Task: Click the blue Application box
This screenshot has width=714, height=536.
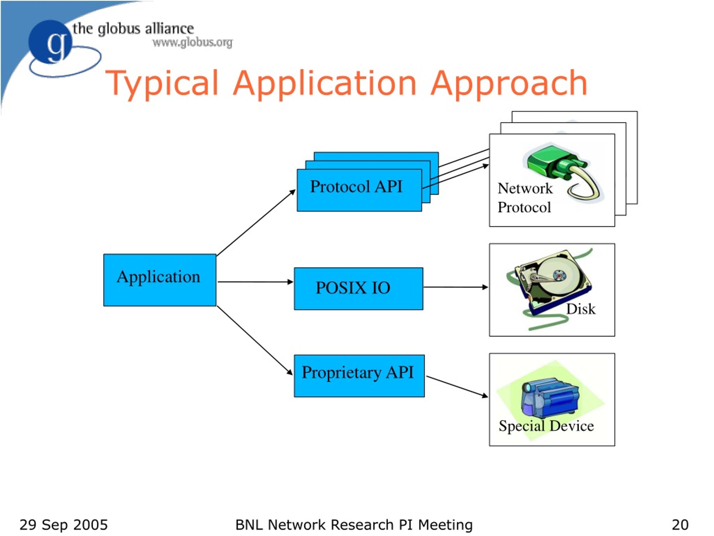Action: tap(160, 280)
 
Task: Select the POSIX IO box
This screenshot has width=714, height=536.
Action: tap(358, 288)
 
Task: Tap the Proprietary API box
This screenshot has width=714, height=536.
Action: tap(359, 376)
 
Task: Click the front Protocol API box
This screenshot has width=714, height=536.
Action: tap(359, 190)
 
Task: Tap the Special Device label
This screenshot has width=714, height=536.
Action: tap(546, 426)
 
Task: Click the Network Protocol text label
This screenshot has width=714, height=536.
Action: tap(525, 198)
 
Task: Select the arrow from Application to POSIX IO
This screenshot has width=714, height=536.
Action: tap(255, 282)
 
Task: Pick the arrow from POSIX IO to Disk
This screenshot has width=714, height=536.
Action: tap(456, 287)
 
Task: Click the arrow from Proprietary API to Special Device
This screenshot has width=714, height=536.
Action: tap(457, 387)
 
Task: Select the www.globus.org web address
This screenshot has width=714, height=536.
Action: tap(193, 42)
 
